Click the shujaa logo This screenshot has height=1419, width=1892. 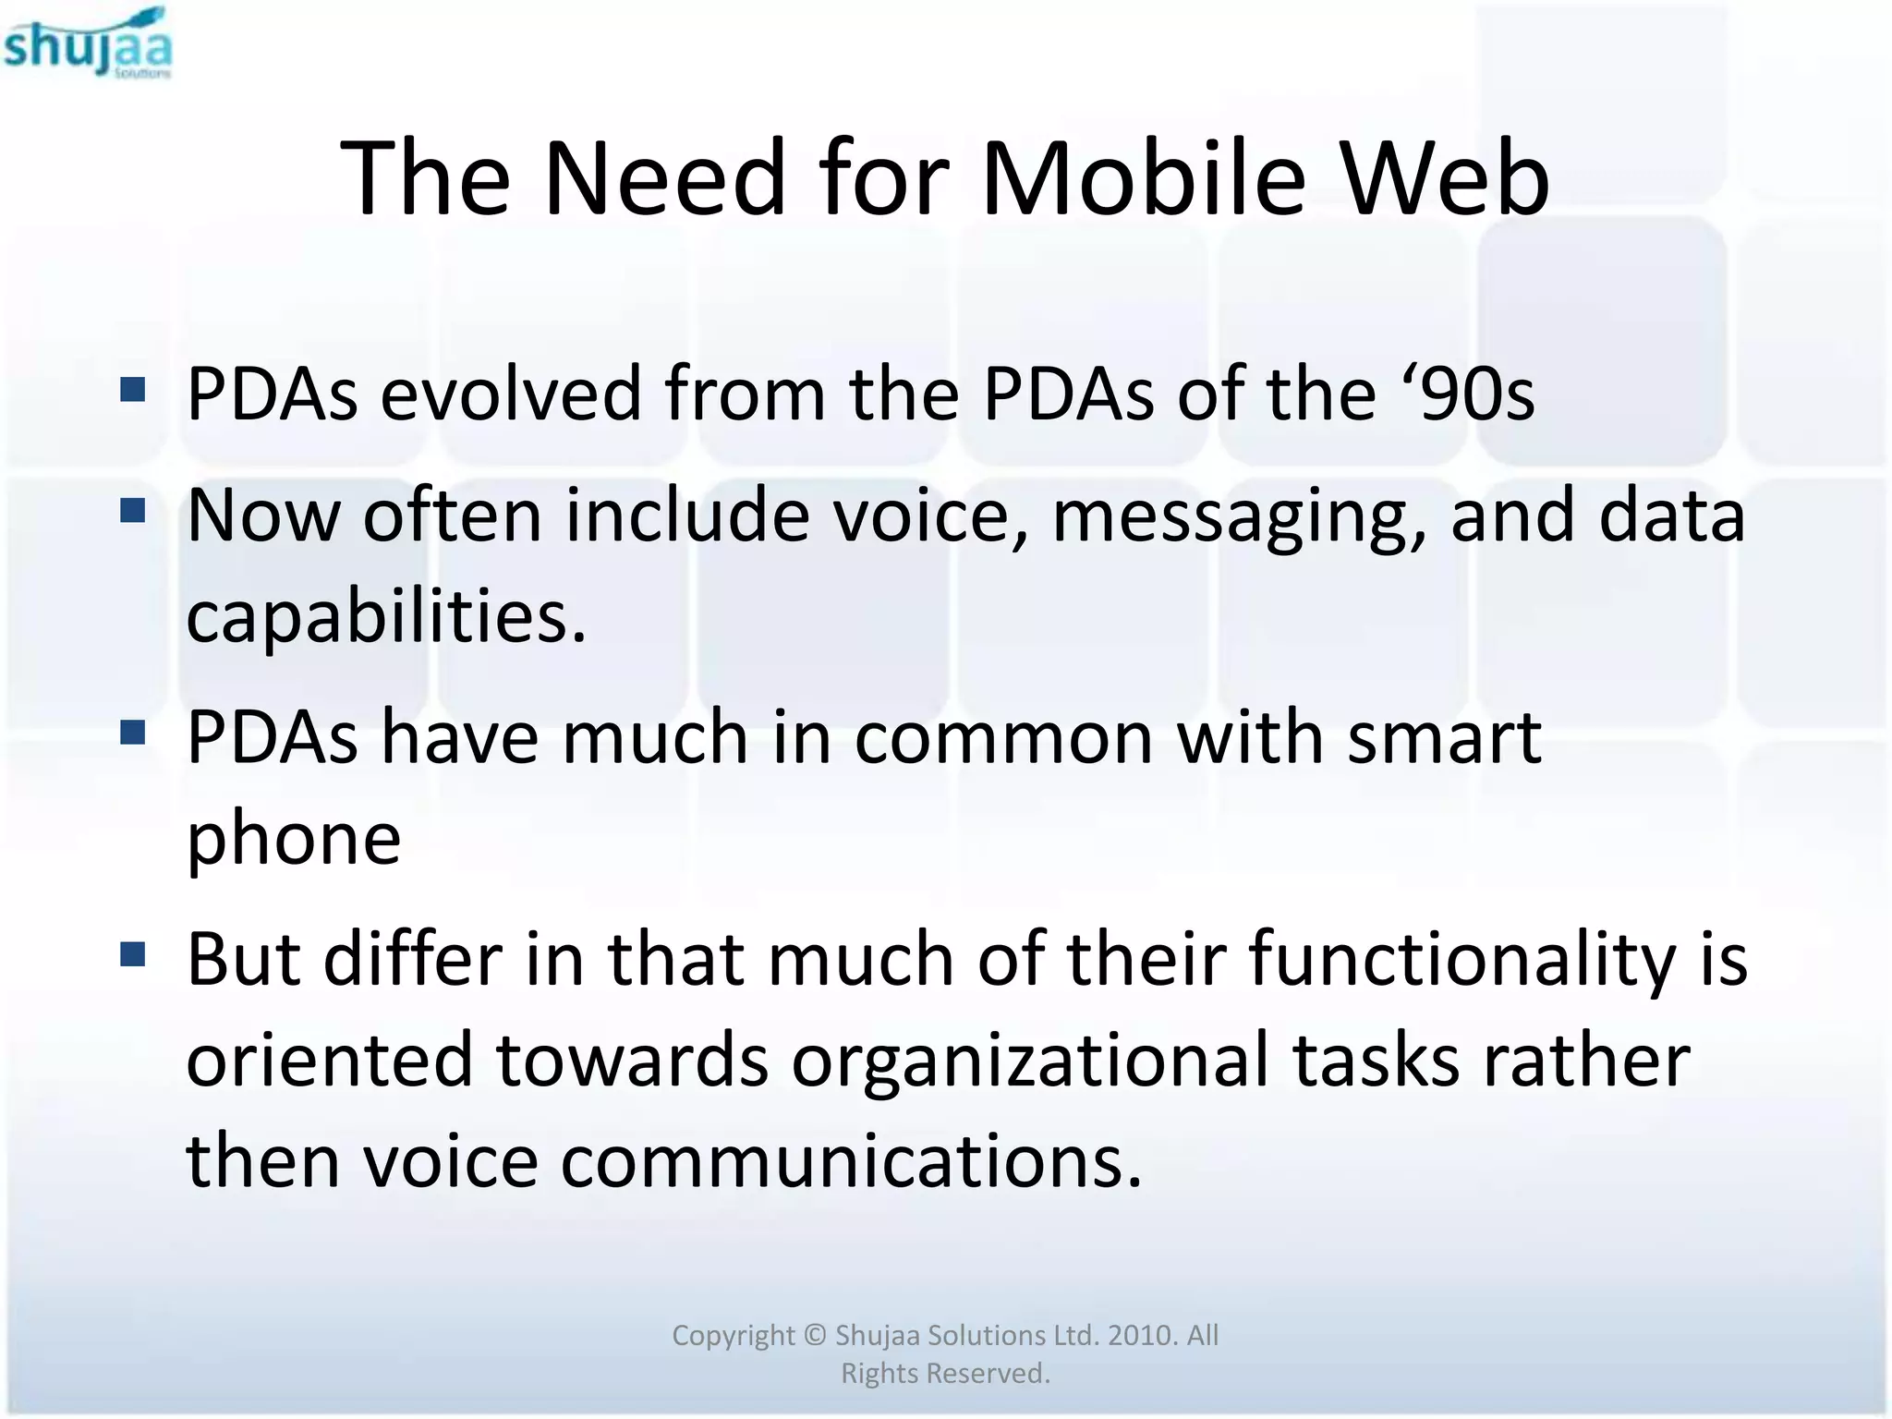pos(88,43)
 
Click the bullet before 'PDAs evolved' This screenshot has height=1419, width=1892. pos(133,391)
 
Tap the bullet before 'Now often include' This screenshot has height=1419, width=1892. pos(133,511)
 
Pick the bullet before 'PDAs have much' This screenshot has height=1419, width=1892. pos(133,733)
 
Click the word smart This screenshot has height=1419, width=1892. pos(1444,738)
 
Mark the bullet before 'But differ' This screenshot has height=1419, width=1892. pos(133,953)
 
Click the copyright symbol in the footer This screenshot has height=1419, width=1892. pos(814,1335)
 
